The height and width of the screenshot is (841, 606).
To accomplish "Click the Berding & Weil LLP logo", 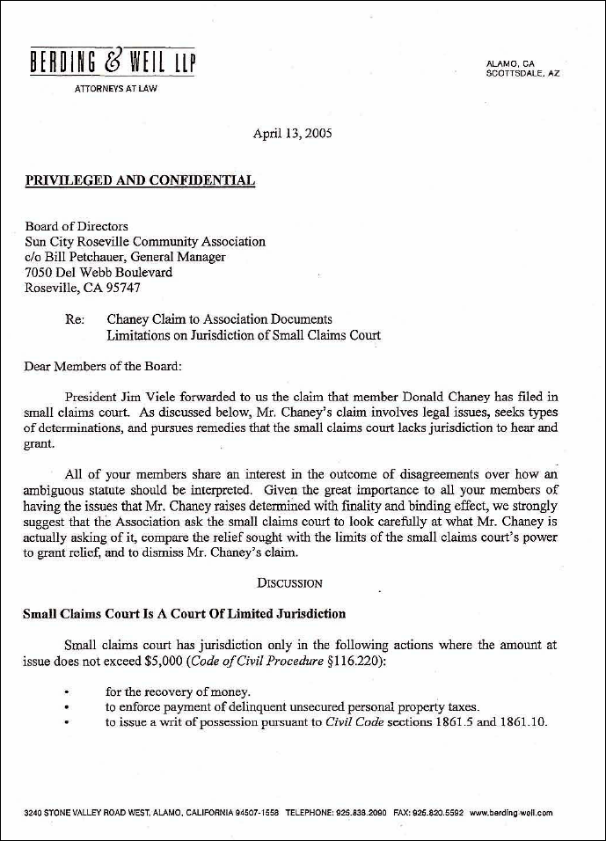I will tap(113, 63).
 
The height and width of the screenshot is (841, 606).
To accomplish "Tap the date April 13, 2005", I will tap(292, 135).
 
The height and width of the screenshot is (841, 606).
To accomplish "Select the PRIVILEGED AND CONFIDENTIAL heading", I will tap(140, 181).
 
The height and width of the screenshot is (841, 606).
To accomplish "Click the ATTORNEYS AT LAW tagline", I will tap(116, 89).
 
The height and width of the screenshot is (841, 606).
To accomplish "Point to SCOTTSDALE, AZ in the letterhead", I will tap(522, 74).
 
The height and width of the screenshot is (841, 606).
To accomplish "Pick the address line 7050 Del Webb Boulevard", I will tap(99, 272).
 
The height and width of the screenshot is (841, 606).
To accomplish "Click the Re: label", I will tap(75, 319).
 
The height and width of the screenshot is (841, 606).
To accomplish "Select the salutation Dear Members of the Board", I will tap(103, 366).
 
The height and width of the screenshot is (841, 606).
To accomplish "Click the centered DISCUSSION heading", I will tap(289, 582).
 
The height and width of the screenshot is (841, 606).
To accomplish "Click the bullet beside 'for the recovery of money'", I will tap(68, 692).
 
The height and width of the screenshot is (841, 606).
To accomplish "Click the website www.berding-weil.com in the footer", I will tap(511, 813).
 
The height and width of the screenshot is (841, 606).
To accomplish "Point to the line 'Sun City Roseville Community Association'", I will tap(145, 241).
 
